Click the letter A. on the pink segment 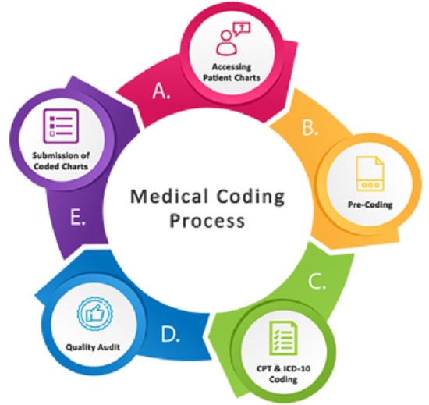point(161,91)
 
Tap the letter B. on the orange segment point(310,127)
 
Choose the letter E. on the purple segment point(78,218)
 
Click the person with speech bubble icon point(233,38)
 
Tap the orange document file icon point(370,173)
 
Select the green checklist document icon point(283,338)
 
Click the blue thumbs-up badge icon point(94,314)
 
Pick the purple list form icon point(62,126)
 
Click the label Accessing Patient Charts point(232,73)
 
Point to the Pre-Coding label point(370,204)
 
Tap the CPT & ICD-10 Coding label point(283,374)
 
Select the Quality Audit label point(93,347)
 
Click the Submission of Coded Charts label point(61,161)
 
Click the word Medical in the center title point(168,197)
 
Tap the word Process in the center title point(207,221)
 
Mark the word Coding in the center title point(250,197)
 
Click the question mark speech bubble point(241,29)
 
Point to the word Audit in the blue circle point(108,347)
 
